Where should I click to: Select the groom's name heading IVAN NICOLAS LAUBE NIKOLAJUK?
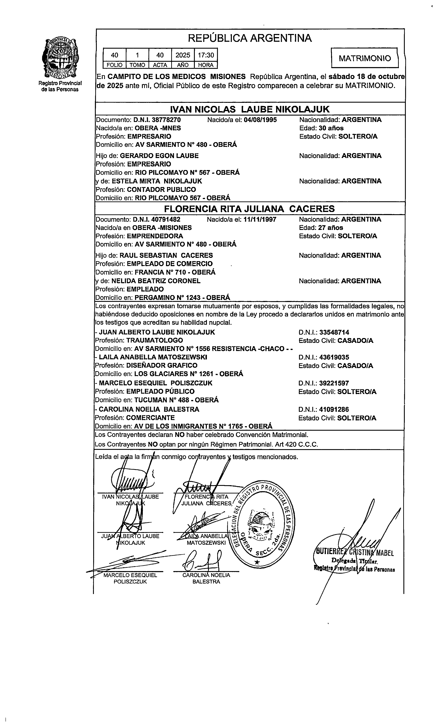[250, 109]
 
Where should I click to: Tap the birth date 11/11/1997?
[260, 220]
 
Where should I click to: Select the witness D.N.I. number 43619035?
[334, 357]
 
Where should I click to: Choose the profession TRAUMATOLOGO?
[155, 340]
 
